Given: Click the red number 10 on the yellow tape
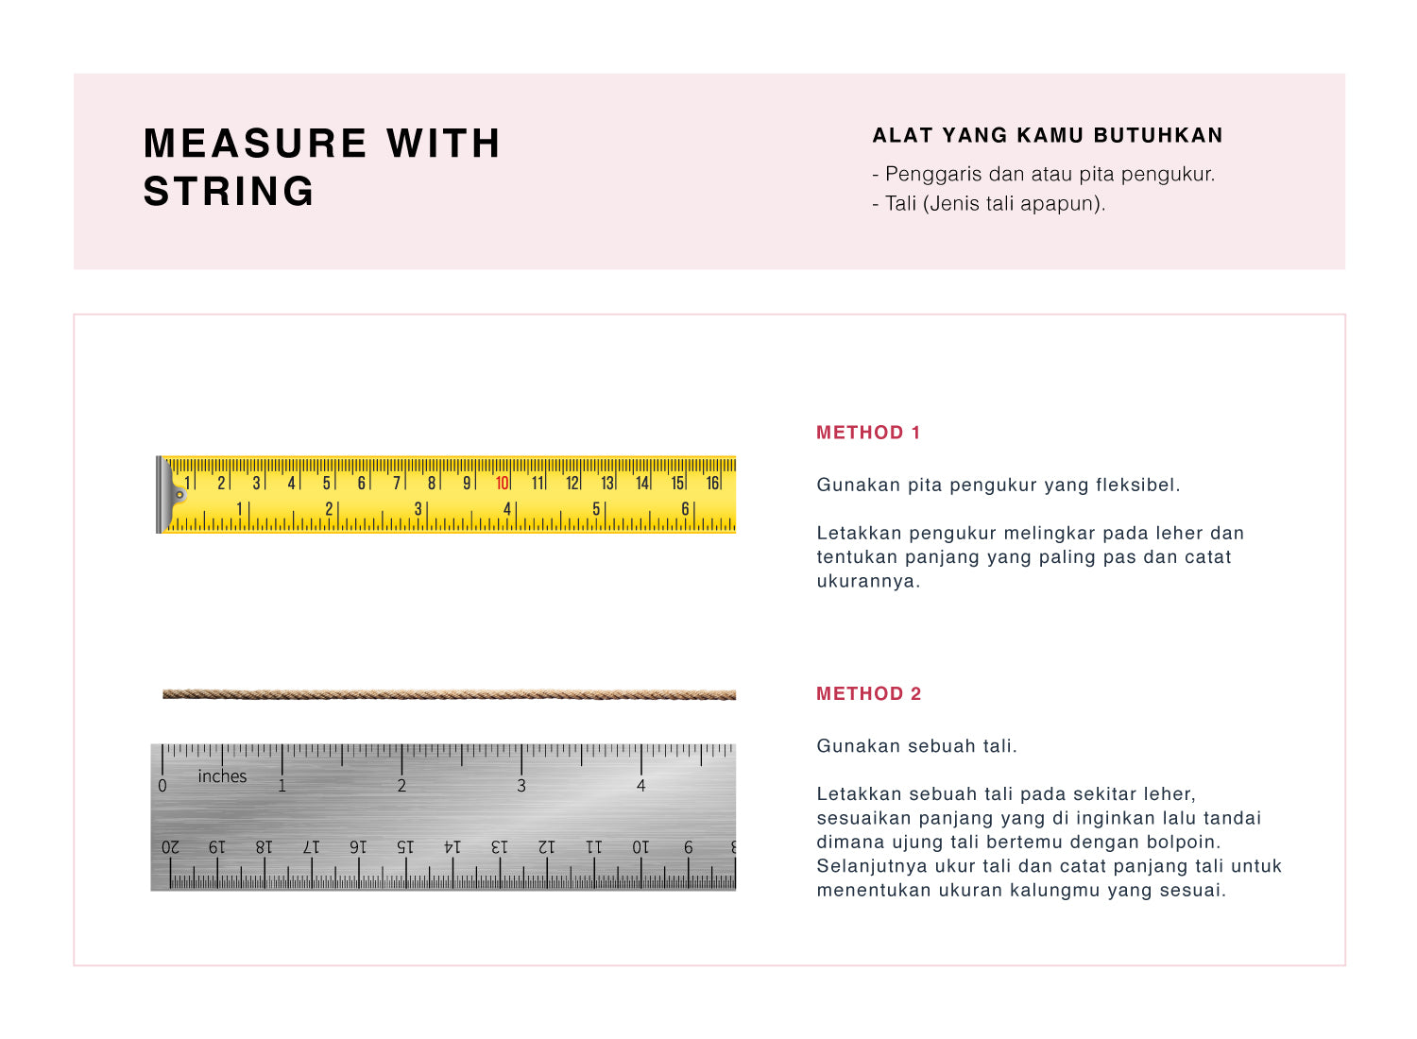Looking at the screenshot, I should pyautogui.click(x=502, y=484).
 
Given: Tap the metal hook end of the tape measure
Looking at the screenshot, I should pyautogui.click(x=172, y=494).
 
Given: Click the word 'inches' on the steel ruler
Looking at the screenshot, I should pyautogui.click(x=222, y=776).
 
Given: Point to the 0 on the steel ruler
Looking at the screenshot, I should pyautogui.click(x=162, y=786).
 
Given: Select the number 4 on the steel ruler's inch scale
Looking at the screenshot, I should pyautogui.click(x=641, y=786).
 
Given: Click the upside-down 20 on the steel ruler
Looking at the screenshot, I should pyautogui.click(x=170, y=847).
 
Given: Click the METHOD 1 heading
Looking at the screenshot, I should pyautogui.click(x=868, y=433).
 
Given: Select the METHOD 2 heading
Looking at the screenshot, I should pyautogui.click(x=868, y=694).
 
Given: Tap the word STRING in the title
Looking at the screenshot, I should pyautogui.click(x=229, y=192).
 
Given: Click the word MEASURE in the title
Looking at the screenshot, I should pyautogui.click(x=255, y=144).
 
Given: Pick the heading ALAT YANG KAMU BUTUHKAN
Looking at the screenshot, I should pyautogui.click(x=1048, y=135).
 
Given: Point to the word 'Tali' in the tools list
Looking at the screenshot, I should pyautogui.click(x=901, y=203).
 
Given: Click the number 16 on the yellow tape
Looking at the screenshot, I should pyautogui.click(x=712, y=484).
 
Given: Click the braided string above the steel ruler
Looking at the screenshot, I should pyautogui.click(x=449, y=694).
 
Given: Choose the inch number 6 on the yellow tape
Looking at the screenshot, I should pyautogui.click(x=685, y=509).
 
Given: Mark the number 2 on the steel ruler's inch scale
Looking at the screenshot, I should pyautogui.click(x=401, y=786).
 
